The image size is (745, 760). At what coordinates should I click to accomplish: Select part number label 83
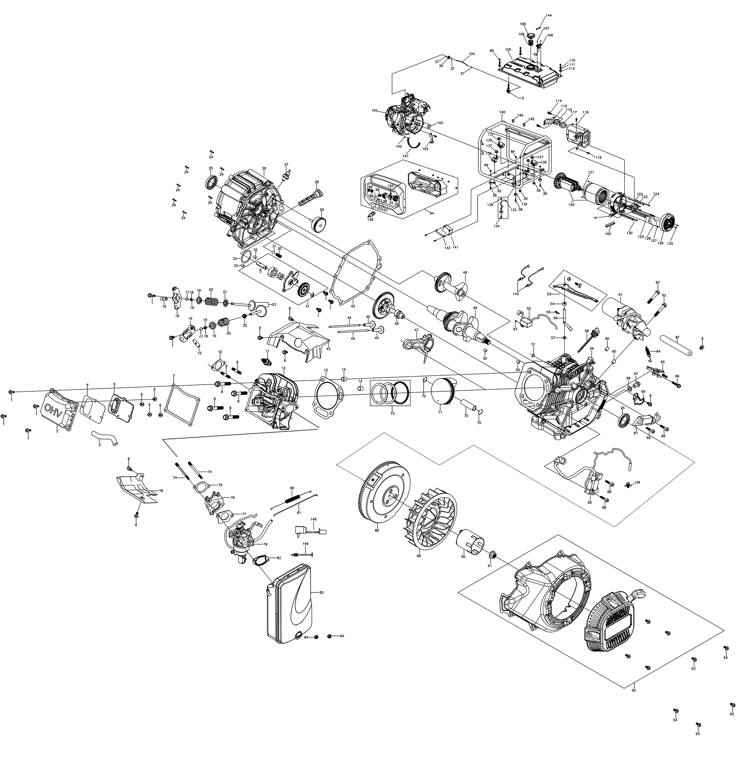(321, 593)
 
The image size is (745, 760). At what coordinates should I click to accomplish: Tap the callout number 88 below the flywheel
(377, 531)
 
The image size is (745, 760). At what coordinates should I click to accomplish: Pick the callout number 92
(633, 690)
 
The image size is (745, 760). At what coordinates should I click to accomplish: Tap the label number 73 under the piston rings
(392, 413)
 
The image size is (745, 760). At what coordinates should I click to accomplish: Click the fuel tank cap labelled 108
(531, 36)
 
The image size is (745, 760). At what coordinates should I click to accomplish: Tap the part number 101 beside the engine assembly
(374, 111)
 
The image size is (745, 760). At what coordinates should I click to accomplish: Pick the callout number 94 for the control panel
(432, 214)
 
